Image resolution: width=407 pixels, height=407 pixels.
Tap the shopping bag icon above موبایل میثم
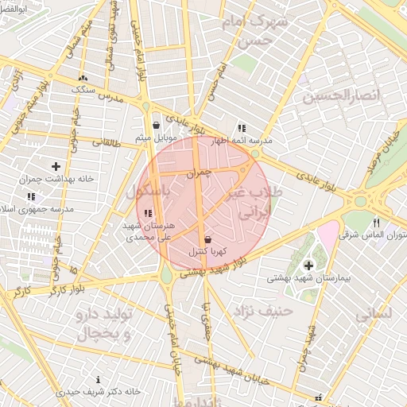[156, 125]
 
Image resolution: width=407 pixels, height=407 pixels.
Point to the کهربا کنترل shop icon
[208, 238]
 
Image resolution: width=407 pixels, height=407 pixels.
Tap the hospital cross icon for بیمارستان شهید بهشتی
[308, 265]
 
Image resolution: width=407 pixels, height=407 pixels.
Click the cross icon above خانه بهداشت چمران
[56, 166]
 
